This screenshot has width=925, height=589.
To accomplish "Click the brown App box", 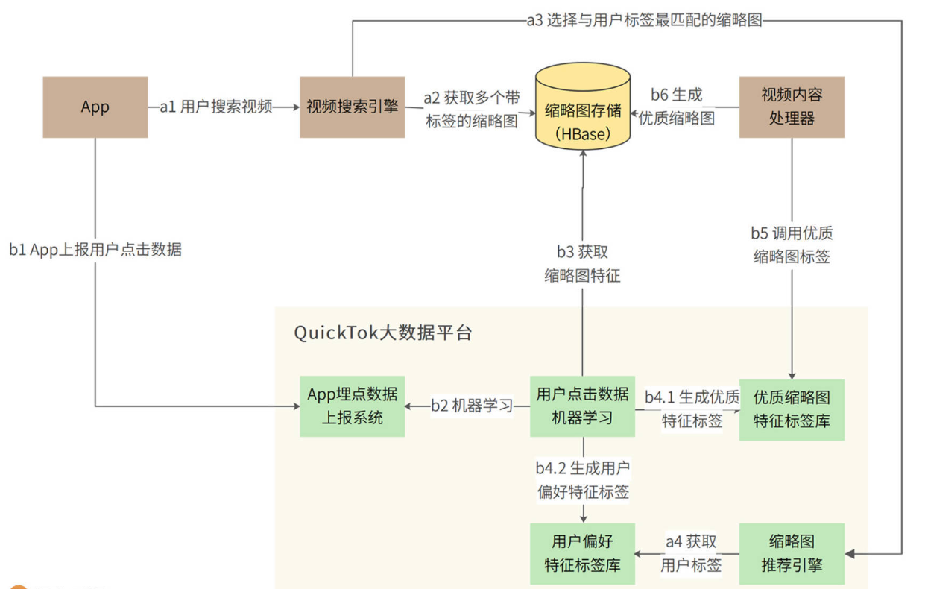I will click(x=95, y=107).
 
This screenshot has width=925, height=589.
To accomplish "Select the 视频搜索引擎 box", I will click(x=352, y=107).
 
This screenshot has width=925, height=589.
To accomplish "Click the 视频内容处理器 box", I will click(x=792, y=107).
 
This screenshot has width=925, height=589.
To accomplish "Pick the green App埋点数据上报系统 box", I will click(x=352, y=406).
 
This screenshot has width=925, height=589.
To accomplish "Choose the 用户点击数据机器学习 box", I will click(x=582, y=406).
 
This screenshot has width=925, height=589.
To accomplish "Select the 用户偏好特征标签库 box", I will click(x=582, y=553).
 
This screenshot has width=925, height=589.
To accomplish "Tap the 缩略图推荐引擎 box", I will click(x=792, y=553).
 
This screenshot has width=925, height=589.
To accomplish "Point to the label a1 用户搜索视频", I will click(x=216, y=107).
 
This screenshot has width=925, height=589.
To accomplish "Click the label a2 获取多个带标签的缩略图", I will click(x=471, y=110).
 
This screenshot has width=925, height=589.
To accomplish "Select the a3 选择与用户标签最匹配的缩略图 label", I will click(x=644, y=21).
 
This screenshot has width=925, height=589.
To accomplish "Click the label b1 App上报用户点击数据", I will click(x=95, y=250).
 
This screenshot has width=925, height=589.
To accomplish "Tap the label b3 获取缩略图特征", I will click(x=582, y=264).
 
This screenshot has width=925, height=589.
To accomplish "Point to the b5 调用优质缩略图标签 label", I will click(x=792, y=245).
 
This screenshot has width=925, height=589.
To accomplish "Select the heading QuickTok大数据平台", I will click(x=383, y=333).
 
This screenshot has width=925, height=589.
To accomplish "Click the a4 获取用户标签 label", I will click(x=691, y=552).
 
